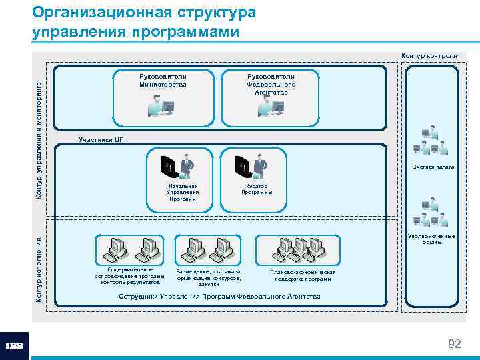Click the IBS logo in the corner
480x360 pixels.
(15, 346)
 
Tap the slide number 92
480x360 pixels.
(454, 344)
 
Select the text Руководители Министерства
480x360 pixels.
(163, 81)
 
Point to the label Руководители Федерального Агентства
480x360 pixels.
(271, 84)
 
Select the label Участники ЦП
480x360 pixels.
(101, 139)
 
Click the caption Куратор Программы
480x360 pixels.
(257, 189)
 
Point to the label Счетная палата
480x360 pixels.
(433, 167)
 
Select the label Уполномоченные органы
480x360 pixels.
(432, 239)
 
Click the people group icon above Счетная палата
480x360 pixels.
(430, 141)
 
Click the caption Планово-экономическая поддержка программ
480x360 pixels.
(303, 275)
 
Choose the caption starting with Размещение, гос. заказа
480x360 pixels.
(209, 277)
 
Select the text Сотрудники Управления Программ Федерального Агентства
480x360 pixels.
(219, 296)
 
